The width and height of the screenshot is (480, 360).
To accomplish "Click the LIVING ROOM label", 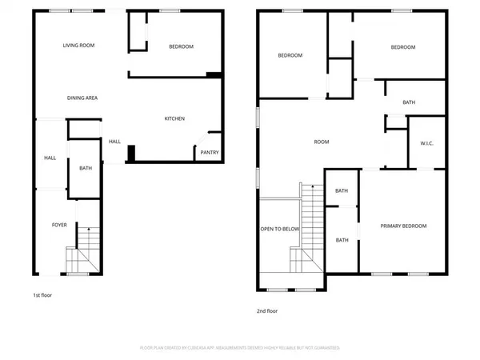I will pyautogui.click(x=79, y=46).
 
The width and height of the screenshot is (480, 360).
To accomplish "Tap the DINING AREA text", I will pyautogui.click(x=82, y=98).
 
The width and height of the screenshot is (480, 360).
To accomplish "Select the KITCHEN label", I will pyautogui.click(x=174, y=118).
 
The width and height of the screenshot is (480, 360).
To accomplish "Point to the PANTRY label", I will pyautogui.click(x=209, y=153).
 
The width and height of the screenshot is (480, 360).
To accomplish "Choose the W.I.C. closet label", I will pyautogui.click(x=426, y=144).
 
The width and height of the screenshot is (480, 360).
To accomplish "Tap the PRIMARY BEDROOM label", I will pyautogui.click(x=403, y=226).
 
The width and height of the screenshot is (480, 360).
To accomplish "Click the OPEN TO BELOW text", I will pyautogui.click(x=279, y=228).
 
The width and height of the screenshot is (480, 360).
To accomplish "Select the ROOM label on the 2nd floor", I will pyautogui.click(x=322, y=142).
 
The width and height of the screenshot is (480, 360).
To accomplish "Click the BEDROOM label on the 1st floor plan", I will pyautogui.click(x=181, y=47).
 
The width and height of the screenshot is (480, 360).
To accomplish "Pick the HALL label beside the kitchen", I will pyautogui.click(x=114, y=142).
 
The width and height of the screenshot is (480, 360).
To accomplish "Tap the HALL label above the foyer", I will pyautogui.click(x=50, y=158).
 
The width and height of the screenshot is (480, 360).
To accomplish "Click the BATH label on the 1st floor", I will pyautogui.click(x=85, y=169).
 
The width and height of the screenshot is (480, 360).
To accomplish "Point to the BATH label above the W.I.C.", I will pyautogui.click(x=409, y=102).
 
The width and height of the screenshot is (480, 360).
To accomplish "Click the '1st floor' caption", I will pyautogui.click(x=42, y=294).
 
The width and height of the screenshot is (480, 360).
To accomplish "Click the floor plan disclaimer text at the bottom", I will pyautogui.click(x=240, y=348).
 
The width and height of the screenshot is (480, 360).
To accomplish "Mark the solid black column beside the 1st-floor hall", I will pyautogui.click(x=131, y=152).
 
